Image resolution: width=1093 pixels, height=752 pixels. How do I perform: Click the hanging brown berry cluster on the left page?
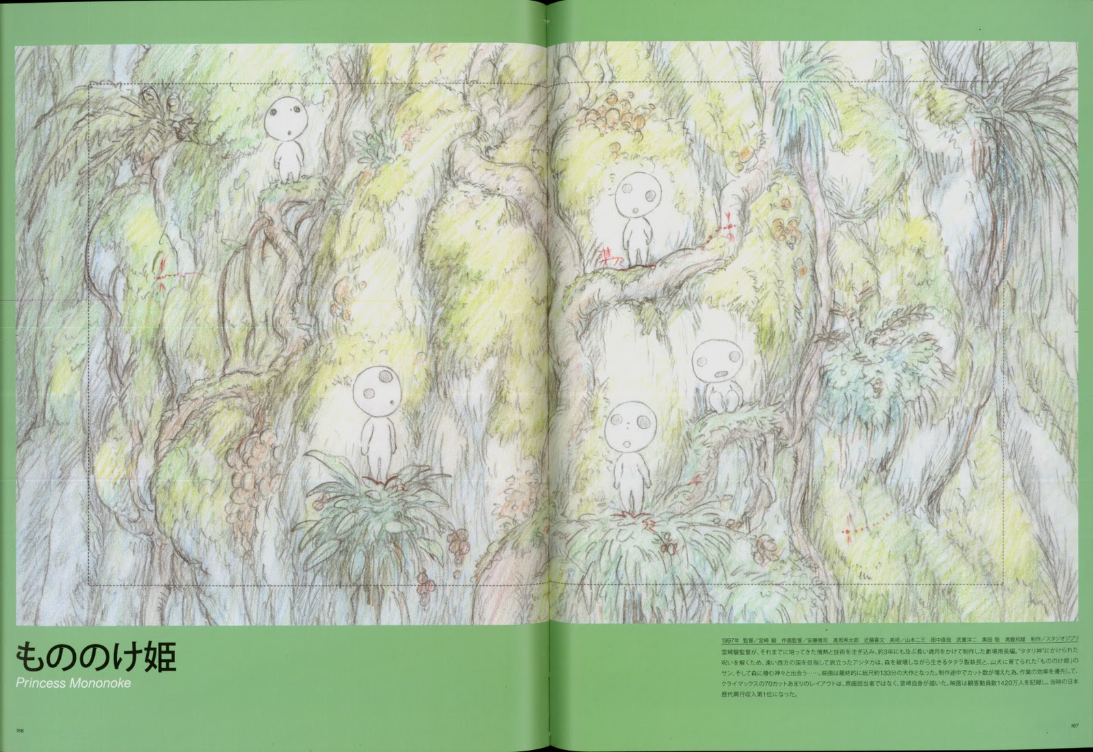(x=246, y=478)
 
